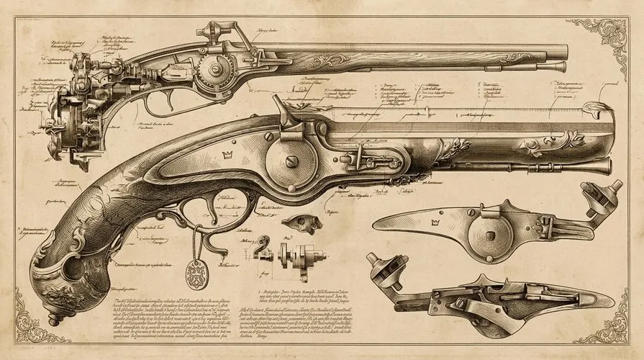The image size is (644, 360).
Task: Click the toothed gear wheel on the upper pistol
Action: pos(215,70)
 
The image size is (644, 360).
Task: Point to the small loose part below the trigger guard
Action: pos(296,223)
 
